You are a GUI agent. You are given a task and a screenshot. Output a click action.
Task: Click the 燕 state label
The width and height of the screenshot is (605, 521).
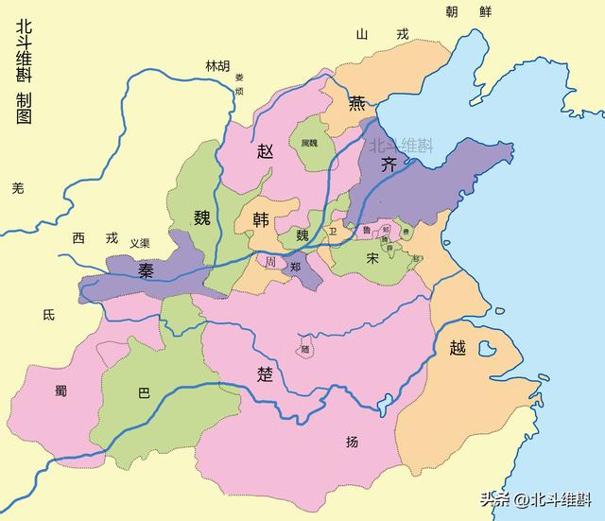pyautogui.click(x=357, y=104)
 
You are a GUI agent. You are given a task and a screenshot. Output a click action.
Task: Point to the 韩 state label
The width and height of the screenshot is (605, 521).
pyautogui.click(x=261, y=219)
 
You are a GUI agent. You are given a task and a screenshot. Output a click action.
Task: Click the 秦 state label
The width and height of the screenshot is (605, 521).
pyautogui.click(x=147, y=271)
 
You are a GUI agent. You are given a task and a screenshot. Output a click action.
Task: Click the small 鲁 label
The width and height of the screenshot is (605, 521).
pyautogui.click(x=366, y=230)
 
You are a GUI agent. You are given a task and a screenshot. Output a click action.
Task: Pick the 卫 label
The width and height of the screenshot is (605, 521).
pyautogui.click(x=331, y=231)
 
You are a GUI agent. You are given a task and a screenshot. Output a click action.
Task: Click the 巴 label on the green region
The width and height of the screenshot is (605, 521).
pyautogui.click(x=144, y=392)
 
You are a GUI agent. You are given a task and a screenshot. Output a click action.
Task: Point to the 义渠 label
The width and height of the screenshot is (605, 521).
pyautogui.click(x=141, y=243)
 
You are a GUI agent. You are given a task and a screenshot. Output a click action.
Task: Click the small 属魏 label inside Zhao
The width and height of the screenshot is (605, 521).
pyautogui.click(x=309, y=143)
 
